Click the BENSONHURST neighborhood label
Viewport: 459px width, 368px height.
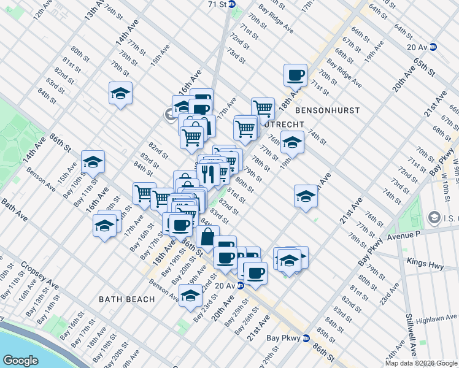point(326,110)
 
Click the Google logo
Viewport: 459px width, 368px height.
point(20,360)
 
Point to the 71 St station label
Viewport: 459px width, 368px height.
point(217,4)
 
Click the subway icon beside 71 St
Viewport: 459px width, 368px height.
point(233,4)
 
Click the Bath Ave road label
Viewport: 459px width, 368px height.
point(13,209)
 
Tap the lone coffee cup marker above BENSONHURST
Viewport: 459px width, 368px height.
point(295,75)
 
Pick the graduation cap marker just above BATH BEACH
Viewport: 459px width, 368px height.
point(191,296)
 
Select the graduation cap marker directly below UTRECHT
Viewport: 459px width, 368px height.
point(293,142)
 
